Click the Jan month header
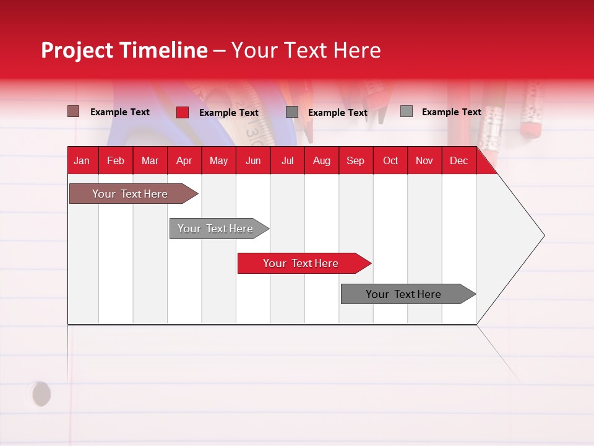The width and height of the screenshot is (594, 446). point(82,161)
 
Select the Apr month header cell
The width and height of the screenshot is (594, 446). point(184,161)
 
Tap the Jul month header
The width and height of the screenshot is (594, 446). point(287,161)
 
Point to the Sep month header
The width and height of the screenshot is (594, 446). point(356,161)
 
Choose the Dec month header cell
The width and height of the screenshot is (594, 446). point(458,161)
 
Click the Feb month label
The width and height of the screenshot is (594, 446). point(116,161)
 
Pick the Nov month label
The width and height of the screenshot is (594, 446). point(424,161)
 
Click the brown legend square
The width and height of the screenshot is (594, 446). point(74,111)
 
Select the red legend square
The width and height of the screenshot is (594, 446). point(183,112)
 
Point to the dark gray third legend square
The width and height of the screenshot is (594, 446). point(292,112)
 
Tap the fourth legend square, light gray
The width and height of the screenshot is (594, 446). point(406,111)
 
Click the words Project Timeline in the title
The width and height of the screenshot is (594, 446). point(124,50)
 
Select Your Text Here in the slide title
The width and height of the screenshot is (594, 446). point(306,50)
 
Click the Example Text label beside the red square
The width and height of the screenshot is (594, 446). point(228,113)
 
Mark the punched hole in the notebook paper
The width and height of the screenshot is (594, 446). point(41,394)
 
